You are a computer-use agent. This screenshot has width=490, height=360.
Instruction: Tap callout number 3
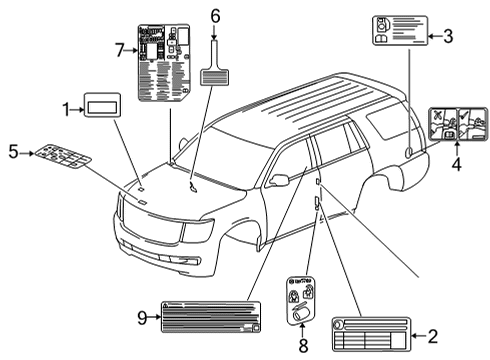pyautogui.click(x=448, y=37)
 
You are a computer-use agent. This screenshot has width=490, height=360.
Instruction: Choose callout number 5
pyautogui.click(x=13, y=153)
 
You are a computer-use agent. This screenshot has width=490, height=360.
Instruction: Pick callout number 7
pyautogui.click(x=119, y=49)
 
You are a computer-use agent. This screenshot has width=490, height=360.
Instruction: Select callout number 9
pyautogui.click(x=142, y=317)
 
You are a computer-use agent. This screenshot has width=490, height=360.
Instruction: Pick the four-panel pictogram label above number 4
pyautogui.click(x=457, y=124)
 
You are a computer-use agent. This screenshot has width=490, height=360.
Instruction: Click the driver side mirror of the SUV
pyautogui.click(x=279, y=179)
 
